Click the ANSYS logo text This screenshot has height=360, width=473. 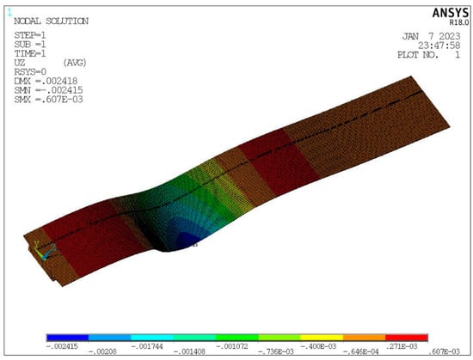(x=451, y=13)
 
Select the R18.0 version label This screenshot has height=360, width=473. (x=459, y=22)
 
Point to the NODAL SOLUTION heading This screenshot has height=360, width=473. (x=52, y=21)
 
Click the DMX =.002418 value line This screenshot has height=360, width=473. (x=46, y=81)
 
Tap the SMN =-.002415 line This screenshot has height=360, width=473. (x=48, y=90)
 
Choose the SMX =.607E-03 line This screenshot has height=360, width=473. (x=48, y=100)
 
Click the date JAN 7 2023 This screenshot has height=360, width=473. (x=432, y=36)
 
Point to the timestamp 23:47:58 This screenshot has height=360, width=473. (x=439, y=46)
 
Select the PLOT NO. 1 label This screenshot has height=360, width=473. (x=429, y=55)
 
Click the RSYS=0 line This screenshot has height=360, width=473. (x=30, y=72)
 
